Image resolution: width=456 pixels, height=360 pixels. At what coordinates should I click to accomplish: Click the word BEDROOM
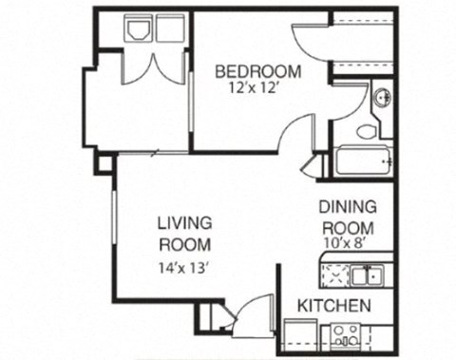(257, 71)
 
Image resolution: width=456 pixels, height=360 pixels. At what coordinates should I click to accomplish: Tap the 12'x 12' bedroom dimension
(257, 88)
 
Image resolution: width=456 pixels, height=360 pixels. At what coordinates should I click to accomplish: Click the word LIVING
(184, 222)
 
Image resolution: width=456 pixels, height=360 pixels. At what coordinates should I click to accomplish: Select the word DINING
(348, 206)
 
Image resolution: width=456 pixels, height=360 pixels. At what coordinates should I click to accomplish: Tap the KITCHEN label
(333, 306)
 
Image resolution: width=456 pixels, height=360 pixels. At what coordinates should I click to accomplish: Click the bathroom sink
(381, 98)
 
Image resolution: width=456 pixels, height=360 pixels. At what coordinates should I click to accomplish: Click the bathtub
(363, 161)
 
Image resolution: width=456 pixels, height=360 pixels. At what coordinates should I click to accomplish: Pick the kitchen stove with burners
(345, 336)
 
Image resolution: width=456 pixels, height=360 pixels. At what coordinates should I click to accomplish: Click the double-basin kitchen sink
(365, 275)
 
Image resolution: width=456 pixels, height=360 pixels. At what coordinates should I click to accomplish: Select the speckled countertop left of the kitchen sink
(335, 275)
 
